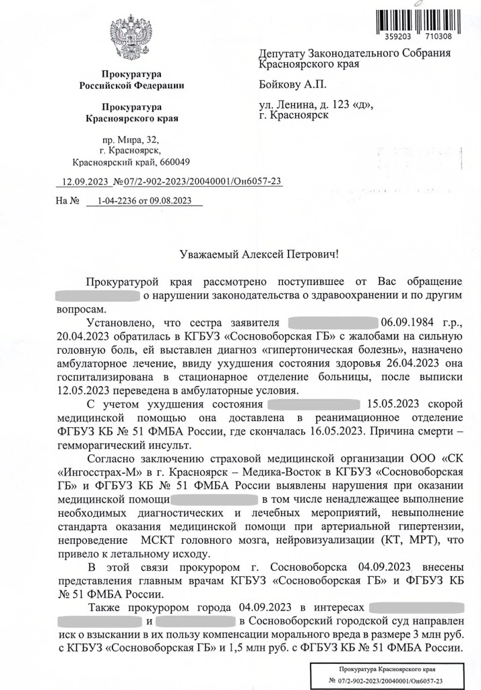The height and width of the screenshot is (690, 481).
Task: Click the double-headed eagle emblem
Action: point(131,39)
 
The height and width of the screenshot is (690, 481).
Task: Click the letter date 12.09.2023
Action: point(84,181)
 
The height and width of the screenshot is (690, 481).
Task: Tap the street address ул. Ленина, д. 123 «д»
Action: point(315,104)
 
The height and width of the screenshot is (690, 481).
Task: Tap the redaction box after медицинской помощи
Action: point(216,499)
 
